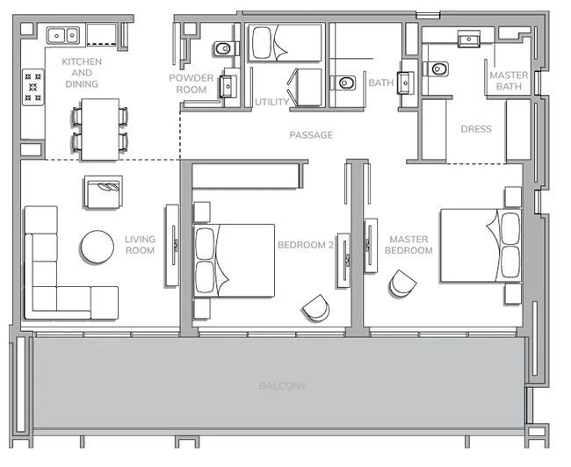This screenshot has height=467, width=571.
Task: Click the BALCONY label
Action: coord(283,385)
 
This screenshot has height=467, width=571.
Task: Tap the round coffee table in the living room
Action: coord(98,247)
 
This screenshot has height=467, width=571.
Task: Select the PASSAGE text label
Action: coord(311,135)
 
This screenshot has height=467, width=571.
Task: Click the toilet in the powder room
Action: coord(224,48)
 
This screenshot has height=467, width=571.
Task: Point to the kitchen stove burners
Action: coord(33,87)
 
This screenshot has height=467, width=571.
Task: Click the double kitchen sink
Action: coord(63,36)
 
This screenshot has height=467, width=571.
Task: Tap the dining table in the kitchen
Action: coord(100,129)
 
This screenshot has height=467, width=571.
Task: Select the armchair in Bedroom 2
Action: coord(316,308)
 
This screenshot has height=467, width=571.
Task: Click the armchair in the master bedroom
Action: coord(402,284)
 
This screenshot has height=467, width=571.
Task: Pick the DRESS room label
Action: coord(476,129)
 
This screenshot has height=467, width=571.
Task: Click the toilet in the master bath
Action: coord(437,68)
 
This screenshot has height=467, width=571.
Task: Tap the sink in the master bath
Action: coord(469,39)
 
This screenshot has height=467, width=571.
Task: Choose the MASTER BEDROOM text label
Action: coord(408,245)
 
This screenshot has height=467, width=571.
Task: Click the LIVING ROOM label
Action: coord(141,245)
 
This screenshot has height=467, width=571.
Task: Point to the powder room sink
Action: coord(228,86)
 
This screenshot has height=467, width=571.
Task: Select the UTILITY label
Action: coord(271,103)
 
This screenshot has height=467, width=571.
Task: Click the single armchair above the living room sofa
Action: coord(104,192)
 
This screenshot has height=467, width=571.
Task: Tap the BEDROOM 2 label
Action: coord(306,245)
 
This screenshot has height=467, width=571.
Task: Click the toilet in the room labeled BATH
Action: coord(343,83)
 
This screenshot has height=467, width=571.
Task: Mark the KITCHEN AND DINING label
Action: coord(82,73)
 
